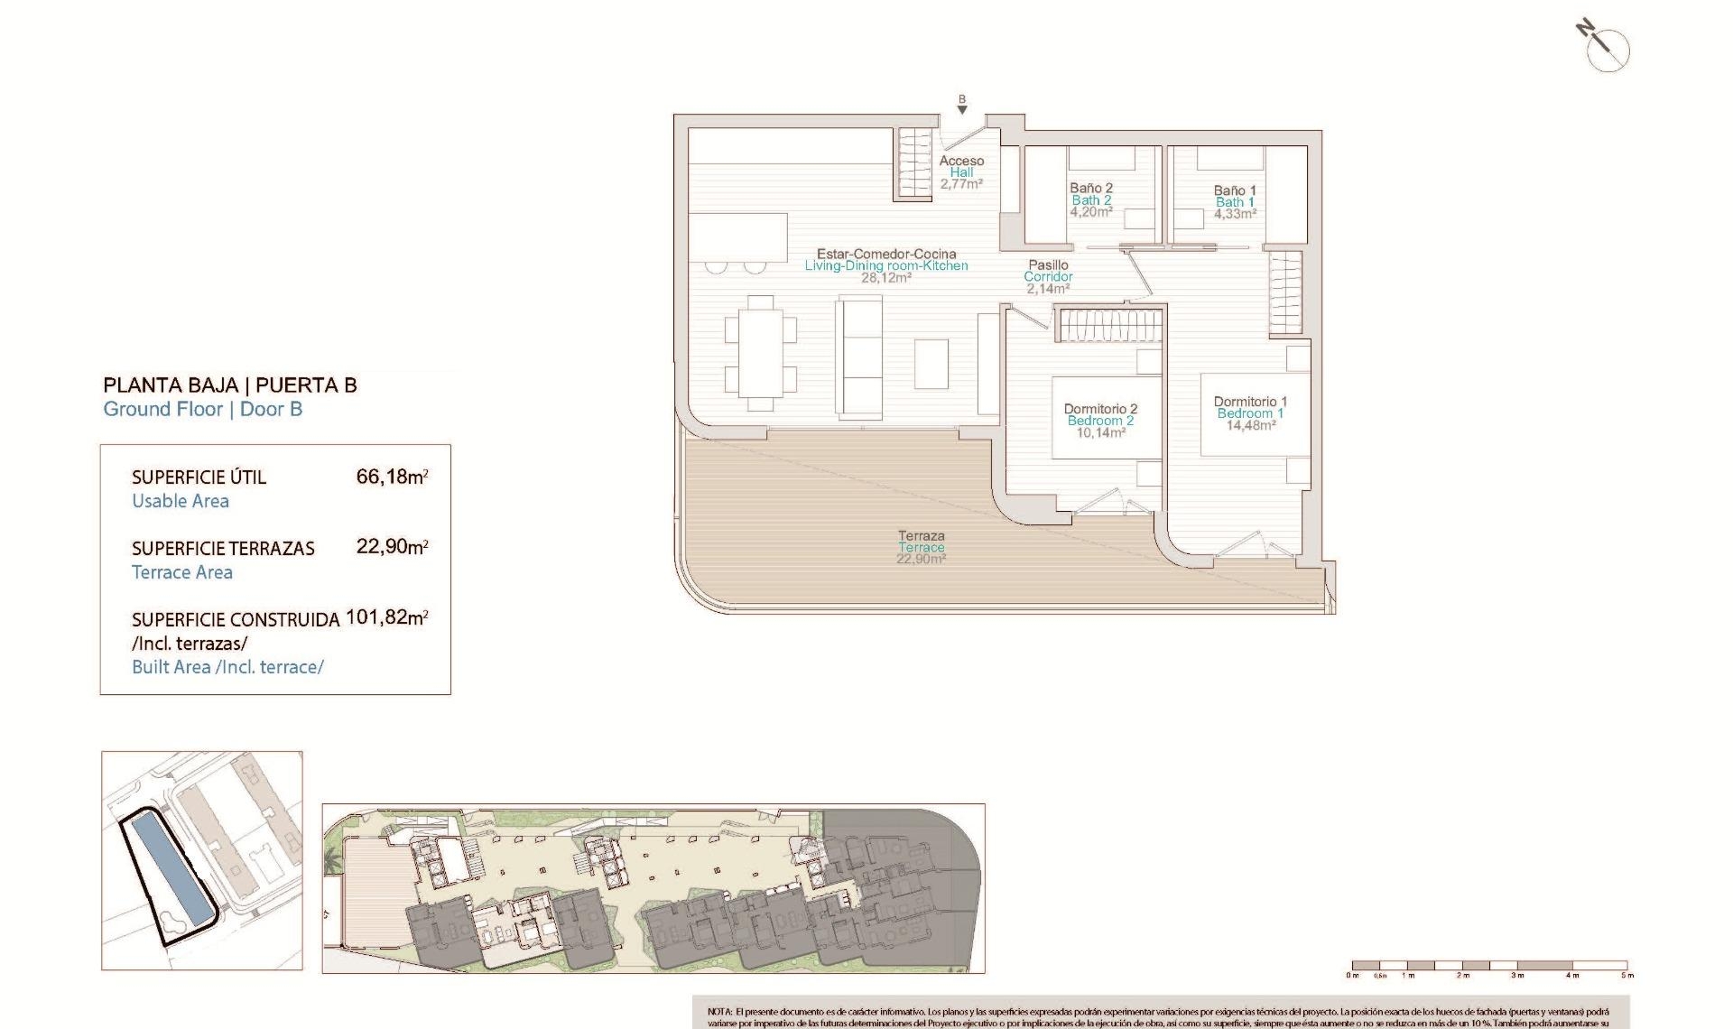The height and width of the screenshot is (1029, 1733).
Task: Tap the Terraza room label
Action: pyautogui.click(x=921, y=536)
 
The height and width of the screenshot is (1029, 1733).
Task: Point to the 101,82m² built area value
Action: pyautogui.click(x=386, y=618)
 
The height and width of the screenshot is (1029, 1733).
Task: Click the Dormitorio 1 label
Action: pyautogui.click(x=1250, y=402)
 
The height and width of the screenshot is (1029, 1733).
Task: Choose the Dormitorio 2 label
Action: pyautogui.click(x=1100, y=409)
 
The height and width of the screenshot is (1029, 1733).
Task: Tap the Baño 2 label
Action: pyautogui.click(x=1091, y=189)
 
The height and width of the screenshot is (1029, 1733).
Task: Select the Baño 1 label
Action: pyautogui.click(x=1235, y=190)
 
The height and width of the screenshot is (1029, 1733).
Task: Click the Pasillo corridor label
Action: pyautogui.click(x=1048, y=265)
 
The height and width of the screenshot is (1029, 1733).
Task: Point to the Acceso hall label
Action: pyautogui.click(x=961, y=161)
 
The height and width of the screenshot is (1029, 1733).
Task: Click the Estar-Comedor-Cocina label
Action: pyautogui.click(x=886, y=254)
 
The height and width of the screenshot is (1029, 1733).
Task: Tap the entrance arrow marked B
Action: pyautogui.click(x=962, y=106)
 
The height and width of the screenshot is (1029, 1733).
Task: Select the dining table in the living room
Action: pyautogui.click(x=761, y=353)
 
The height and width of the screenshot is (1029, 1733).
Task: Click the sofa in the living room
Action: pyautogui.click(x=859, y=358)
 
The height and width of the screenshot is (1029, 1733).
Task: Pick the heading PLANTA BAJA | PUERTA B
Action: pyautogui.click(x=230, y=385)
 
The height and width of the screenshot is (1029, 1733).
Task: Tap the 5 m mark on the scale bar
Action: pyautogui.click(x=1626, y=975)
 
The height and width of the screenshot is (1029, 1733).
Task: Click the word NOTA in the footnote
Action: pyautogui.click(x=719, y=1013)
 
